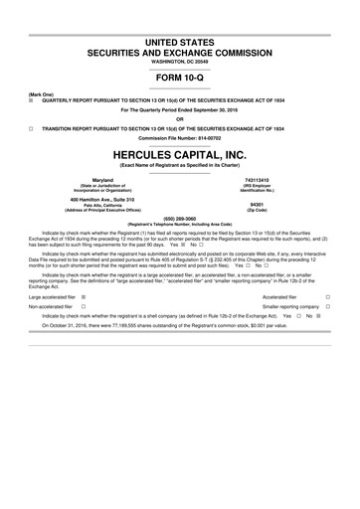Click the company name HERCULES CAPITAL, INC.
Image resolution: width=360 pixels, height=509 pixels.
click(179, 157)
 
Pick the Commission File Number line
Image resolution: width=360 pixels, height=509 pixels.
click(179, 136)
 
